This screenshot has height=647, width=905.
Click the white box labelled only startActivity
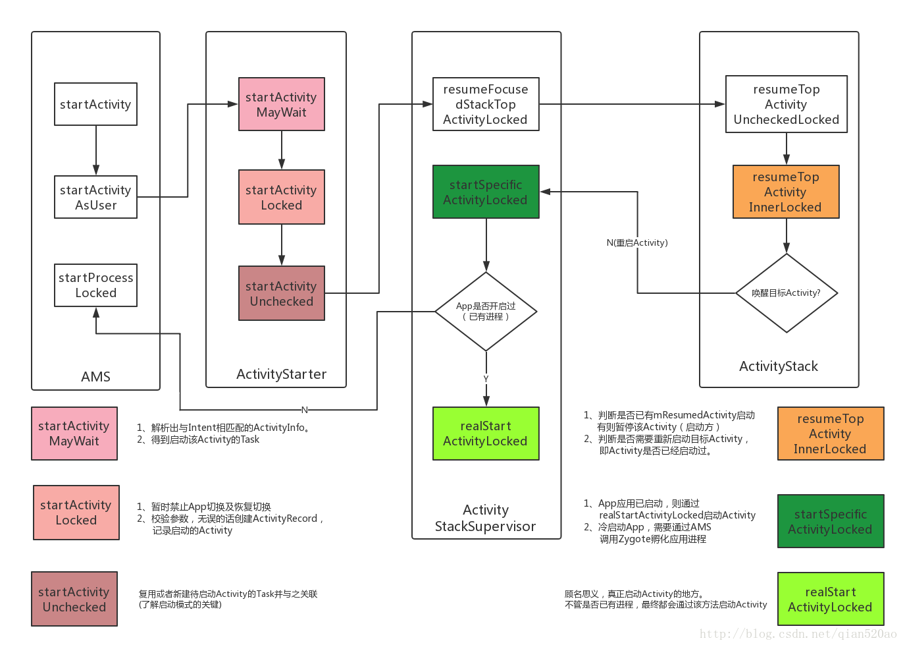click(95, 104)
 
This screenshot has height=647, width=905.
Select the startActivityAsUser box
click(95, 197)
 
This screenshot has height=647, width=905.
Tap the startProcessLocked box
click(95, 285)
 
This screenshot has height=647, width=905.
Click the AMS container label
click(95, 376)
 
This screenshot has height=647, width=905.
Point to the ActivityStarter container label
click(281, 374)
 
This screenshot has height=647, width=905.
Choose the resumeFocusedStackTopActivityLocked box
click(486, 104)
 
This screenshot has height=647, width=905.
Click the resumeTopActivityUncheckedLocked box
click(786, 104)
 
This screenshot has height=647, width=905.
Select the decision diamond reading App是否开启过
click(486, 311)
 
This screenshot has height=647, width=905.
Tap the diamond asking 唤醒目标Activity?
click(786, 293)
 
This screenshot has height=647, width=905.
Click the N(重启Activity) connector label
click(636, 242)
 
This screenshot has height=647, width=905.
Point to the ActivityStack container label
click(778, 366)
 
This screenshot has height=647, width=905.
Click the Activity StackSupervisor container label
click(486, 518)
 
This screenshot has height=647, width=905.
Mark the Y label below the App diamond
click(486, 379)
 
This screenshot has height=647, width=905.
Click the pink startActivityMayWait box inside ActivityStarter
click(281, 104)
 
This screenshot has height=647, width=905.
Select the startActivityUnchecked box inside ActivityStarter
click(281, 293)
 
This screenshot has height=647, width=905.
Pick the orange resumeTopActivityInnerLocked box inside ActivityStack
click(786, 192)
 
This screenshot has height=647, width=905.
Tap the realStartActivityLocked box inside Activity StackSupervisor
click(486, 434)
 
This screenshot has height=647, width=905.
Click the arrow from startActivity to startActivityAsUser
click(96, 150)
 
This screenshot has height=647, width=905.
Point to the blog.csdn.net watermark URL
click(798, 634)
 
